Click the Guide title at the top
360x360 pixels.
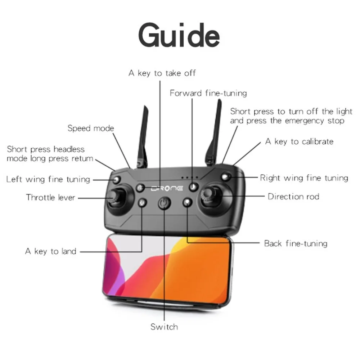(179, 35)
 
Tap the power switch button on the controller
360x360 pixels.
(164, 203)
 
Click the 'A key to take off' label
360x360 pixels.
(162, 73)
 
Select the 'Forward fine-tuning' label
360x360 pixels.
(208, 93)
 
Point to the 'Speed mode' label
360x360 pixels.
(91, 128)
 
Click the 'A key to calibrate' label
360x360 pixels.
(299, 141)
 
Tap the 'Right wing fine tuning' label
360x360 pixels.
(304, 178)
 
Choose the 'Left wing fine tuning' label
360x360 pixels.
(48, 179)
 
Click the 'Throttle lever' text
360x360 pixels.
(50, 197)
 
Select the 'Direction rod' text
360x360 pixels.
(293, 197)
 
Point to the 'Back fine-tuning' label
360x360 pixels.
(296, 243)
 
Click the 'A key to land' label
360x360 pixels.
(50, 251)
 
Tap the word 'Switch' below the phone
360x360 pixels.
(164, 327)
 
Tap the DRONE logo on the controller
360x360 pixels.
(167, 189)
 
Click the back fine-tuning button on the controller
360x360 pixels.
(187, 202)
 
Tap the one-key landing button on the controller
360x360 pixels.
(142, 203)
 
